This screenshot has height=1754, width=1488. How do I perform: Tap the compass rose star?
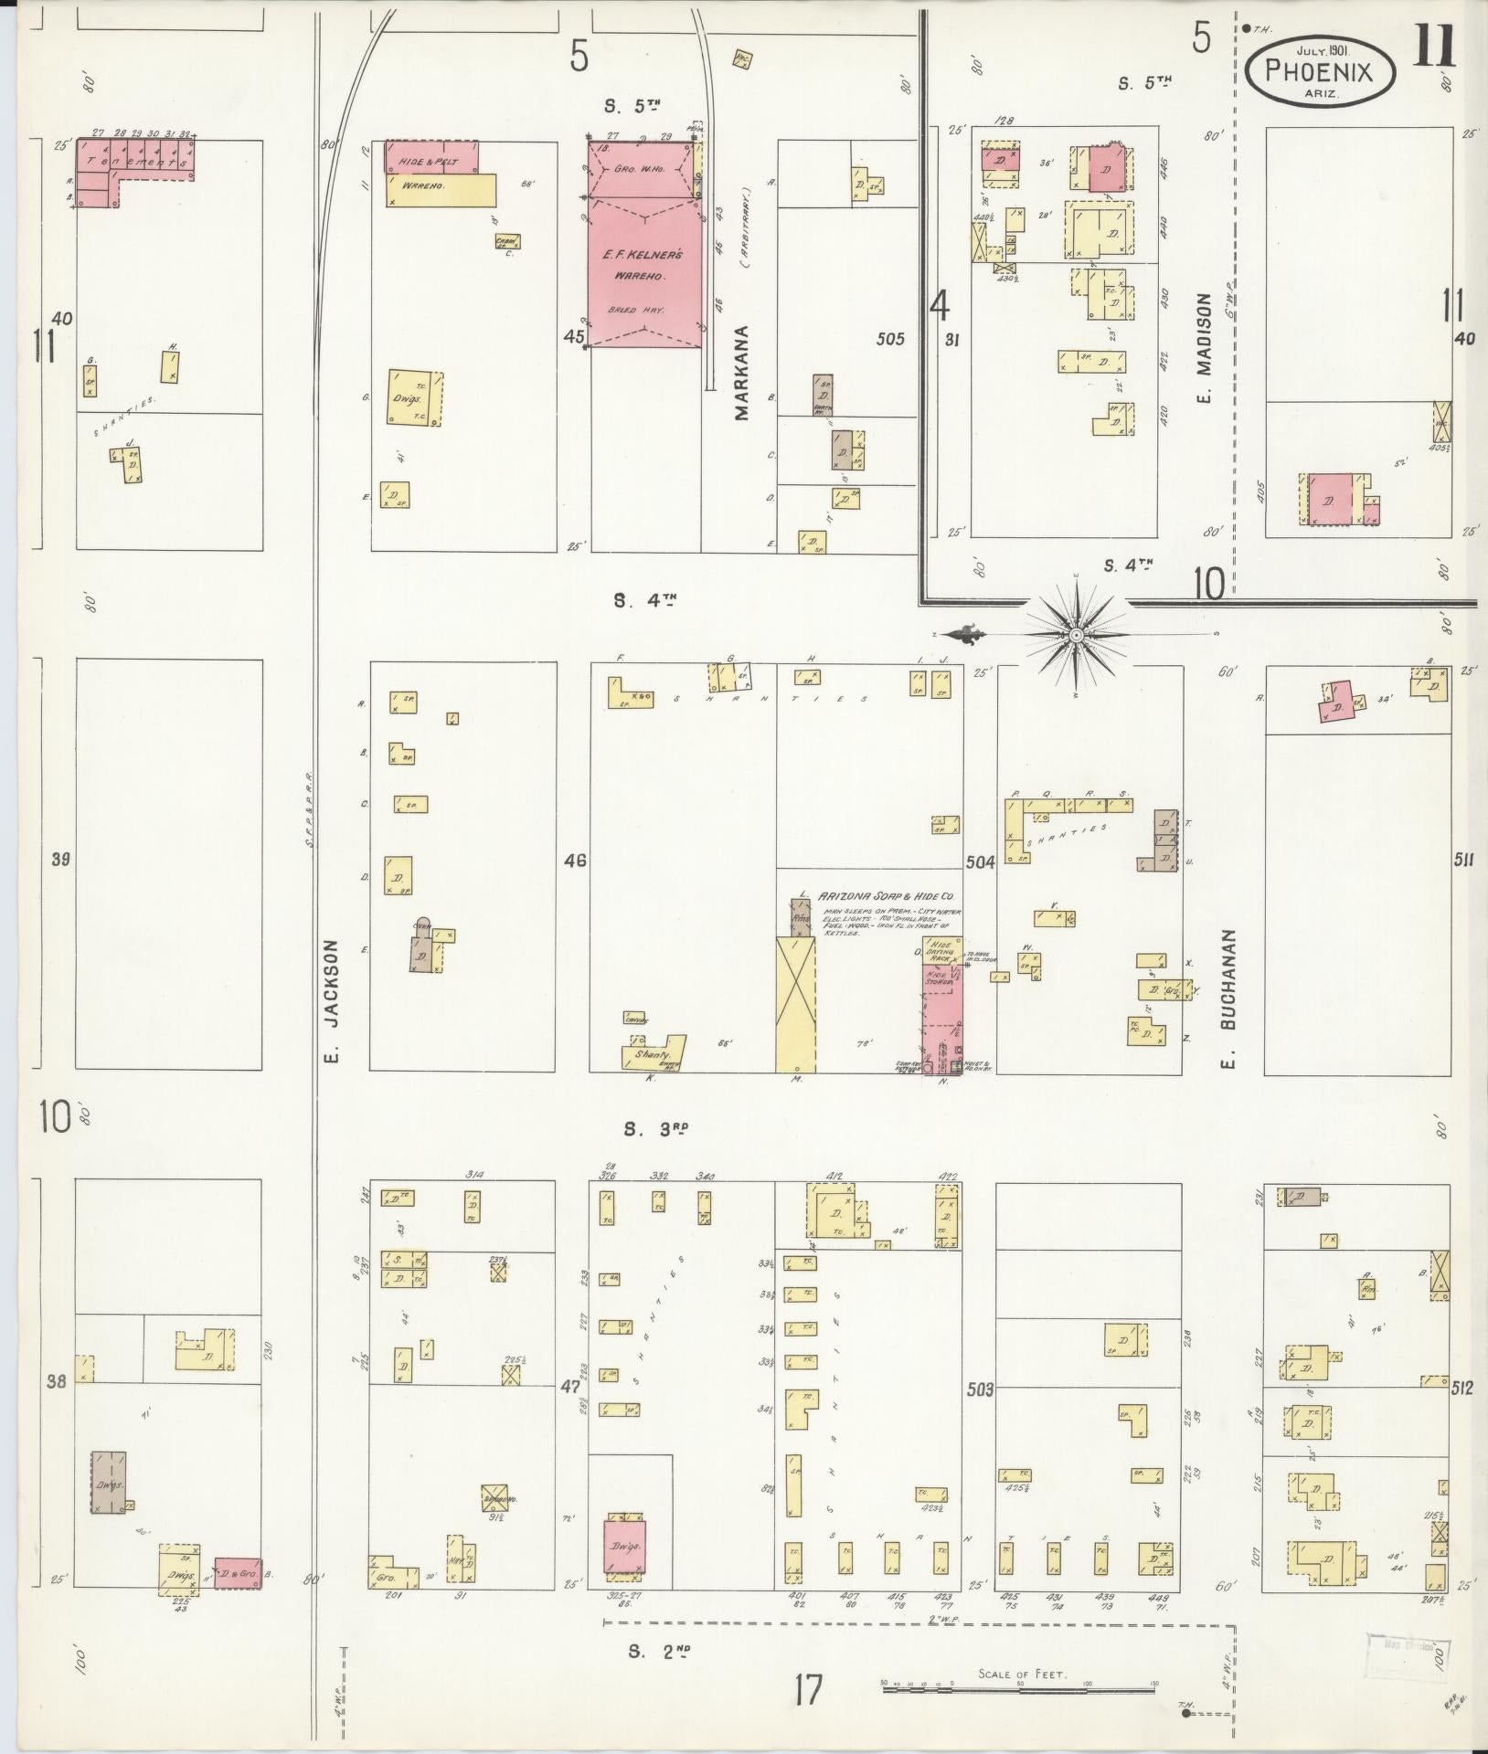1077,633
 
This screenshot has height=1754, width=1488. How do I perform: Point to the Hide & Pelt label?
427,162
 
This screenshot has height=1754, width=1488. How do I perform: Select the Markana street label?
741,373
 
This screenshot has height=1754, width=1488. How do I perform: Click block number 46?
575,860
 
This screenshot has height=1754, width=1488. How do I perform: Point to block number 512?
1462,1415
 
